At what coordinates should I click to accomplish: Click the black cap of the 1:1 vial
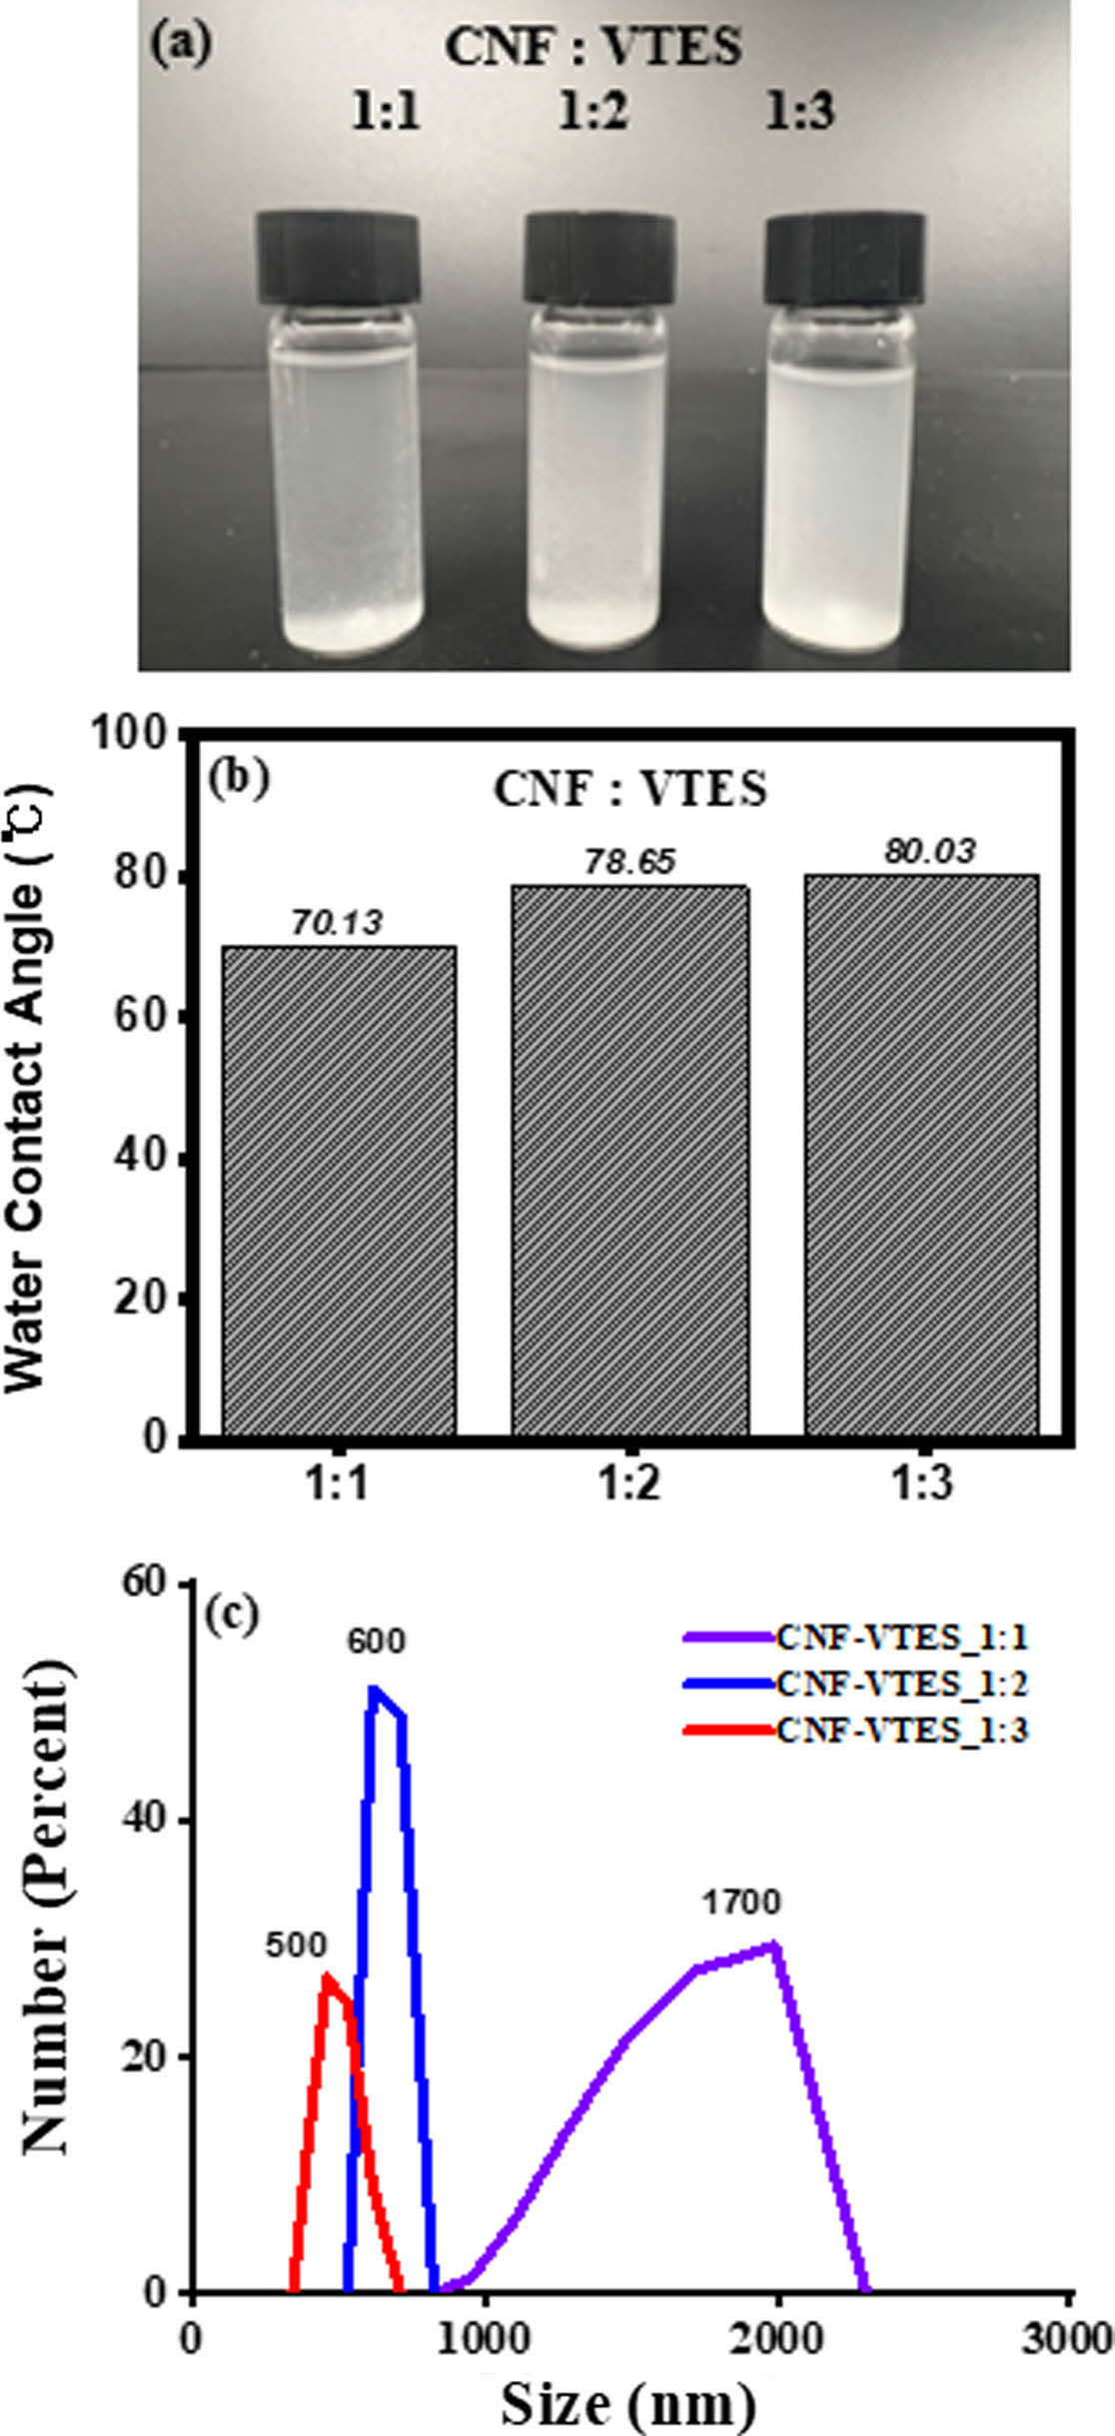coord(338,258)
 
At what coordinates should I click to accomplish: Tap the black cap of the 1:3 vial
coord(844,258)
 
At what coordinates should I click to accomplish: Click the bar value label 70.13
coord(337,923)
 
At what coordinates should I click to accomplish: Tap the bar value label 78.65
coord(630,862)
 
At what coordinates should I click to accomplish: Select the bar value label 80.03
coord(929,851)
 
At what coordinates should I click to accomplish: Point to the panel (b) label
coord(239,780)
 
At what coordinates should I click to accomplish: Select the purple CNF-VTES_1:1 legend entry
coord(856,1638)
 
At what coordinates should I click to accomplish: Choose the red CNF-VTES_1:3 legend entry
coord(856,1730)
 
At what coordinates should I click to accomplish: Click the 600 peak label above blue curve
coord(376,1641)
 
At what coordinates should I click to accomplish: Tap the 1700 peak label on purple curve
coord(740,1903)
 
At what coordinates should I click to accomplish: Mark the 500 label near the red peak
coord(296,1946)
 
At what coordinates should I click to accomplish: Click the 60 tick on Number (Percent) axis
coord(148,1582)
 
